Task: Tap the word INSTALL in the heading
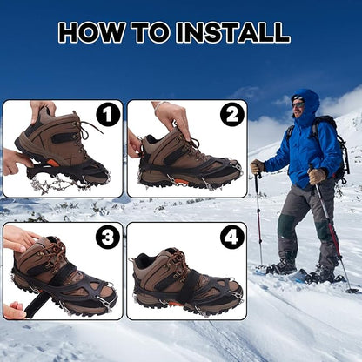[232, 33]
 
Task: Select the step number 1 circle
[107, 115]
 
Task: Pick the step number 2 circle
[231, 115]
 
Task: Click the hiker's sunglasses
[298, 104]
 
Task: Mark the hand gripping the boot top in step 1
[42, 110]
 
